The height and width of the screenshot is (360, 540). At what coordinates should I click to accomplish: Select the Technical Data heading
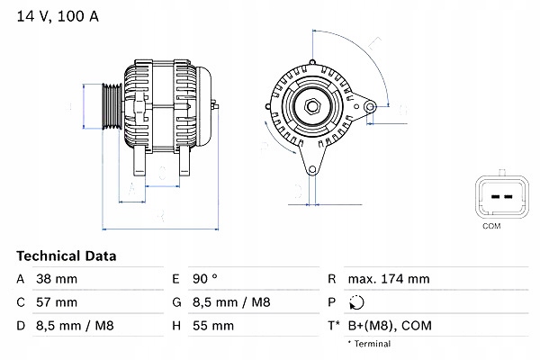(66, 256)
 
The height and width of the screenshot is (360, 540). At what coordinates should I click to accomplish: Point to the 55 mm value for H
(212, 326)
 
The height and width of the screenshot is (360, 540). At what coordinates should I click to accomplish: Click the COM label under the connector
(490, 225)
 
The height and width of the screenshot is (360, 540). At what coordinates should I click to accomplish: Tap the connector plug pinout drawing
(490, 193)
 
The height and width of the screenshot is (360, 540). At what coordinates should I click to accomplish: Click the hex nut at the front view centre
(312, 108)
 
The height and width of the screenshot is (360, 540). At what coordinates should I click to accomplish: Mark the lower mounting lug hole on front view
(312, 167)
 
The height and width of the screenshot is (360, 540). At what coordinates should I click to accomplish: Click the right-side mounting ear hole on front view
(369, 107)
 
